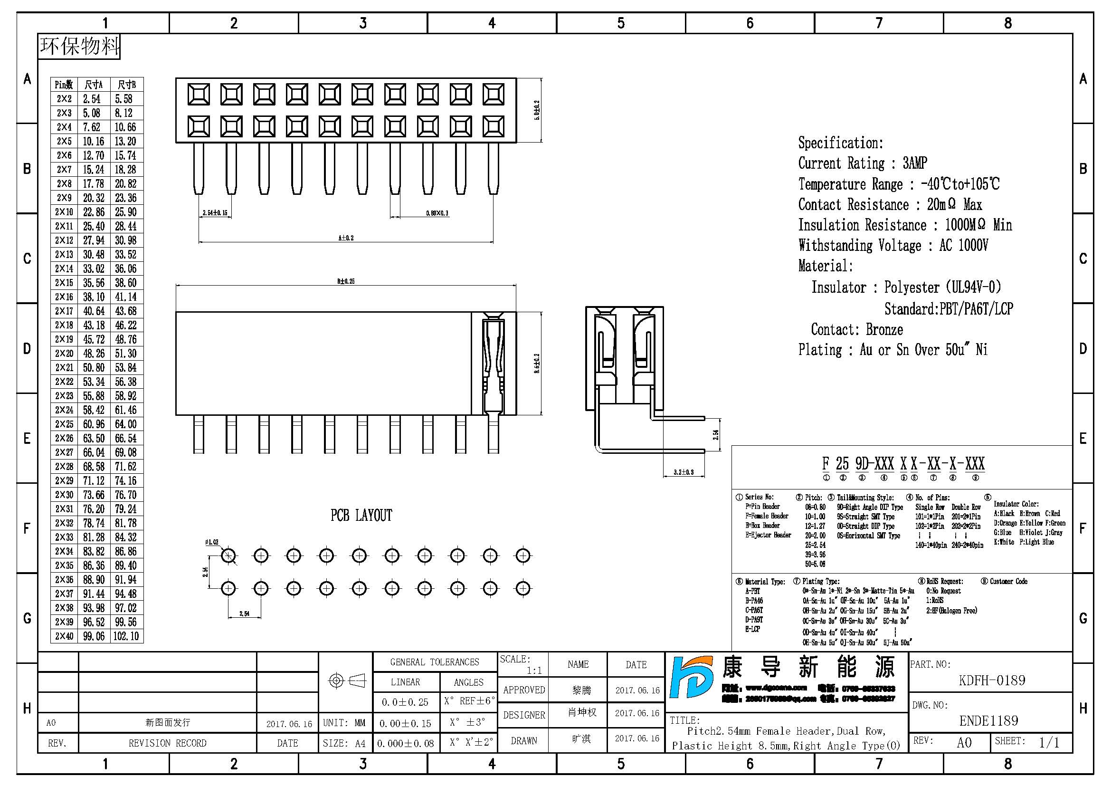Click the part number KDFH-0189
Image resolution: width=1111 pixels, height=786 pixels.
point(991,680)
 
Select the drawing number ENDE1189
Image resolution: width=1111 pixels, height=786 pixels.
point(988,721)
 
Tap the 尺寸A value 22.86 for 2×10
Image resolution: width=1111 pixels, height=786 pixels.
point(94,212)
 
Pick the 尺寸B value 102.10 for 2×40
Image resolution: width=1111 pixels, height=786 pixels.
point(126,636)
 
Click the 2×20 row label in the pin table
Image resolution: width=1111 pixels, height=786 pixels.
point(64,353)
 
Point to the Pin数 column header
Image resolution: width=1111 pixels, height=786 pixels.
point(63,85)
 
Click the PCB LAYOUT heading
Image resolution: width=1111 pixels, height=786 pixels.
point(361,516)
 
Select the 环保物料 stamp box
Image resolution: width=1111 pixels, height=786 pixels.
point(79,47)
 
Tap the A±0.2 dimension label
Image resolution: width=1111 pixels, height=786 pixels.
point(345,238)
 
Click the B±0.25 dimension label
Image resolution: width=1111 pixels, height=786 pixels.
point(345,281)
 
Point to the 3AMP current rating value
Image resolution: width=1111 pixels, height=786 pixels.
point(914,163)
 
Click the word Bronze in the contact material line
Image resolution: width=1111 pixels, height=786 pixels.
point(884,330)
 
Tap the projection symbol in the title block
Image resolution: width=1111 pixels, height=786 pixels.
point(346,681)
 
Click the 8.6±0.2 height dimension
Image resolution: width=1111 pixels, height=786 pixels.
point(536,363)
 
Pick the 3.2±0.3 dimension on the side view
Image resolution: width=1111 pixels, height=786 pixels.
point(683,472)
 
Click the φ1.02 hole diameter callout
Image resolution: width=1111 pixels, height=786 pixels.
point(211,542)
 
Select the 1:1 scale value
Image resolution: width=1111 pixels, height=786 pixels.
point(534,671)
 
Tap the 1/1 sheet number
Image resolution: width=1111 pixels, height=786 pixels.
point(1049,742)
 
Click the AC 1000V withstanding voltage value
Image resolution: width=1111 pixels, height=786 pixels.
point(963,245)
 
